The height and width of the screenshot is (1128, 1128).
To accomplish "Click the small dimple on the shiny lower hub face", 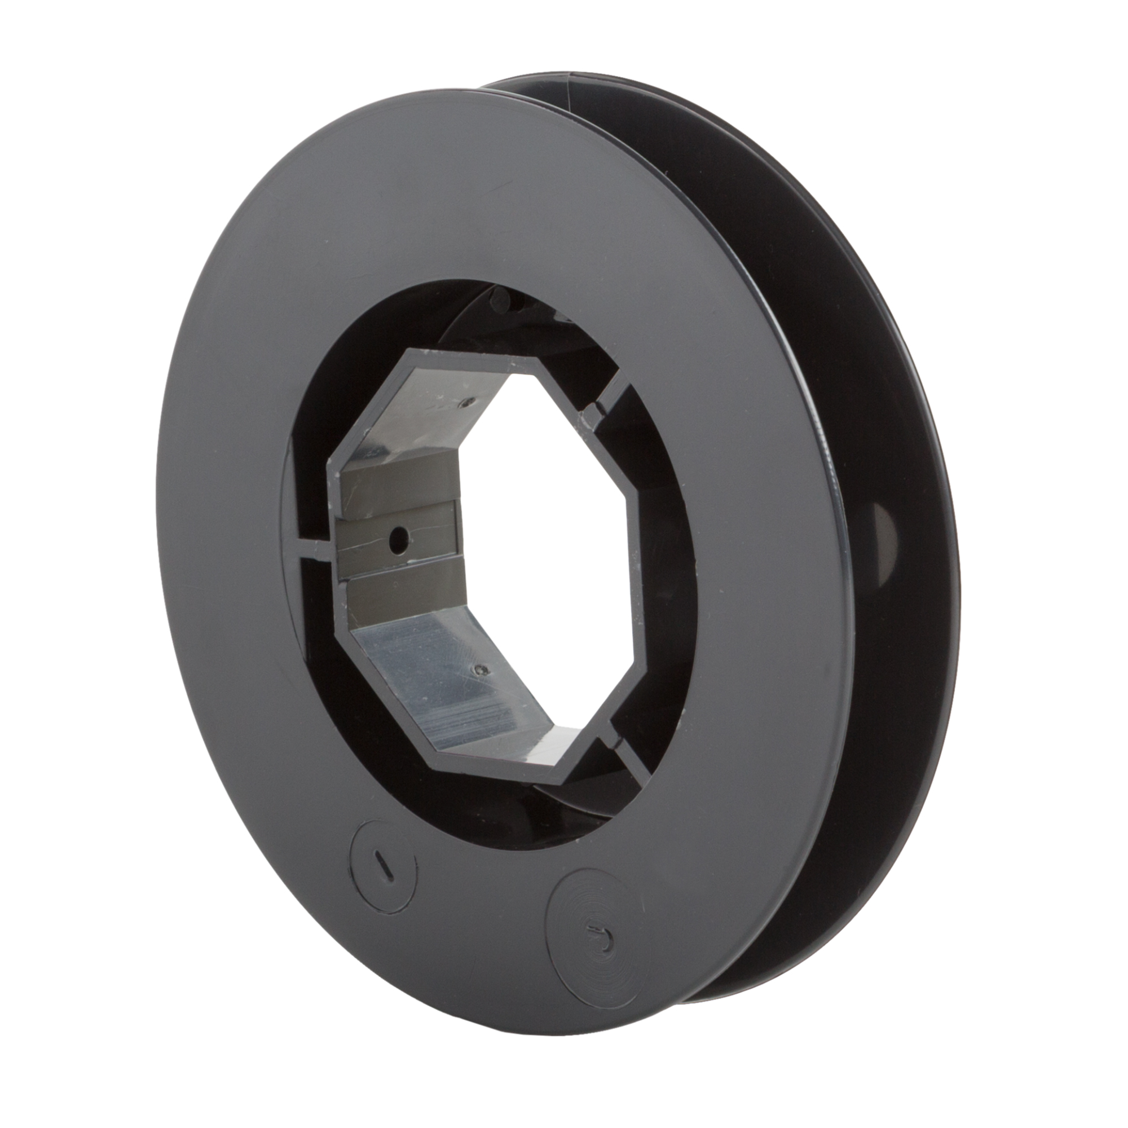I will [481, 670].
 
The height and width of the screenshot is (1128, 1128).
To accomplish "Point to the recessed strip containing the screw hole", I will [397, 537].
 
